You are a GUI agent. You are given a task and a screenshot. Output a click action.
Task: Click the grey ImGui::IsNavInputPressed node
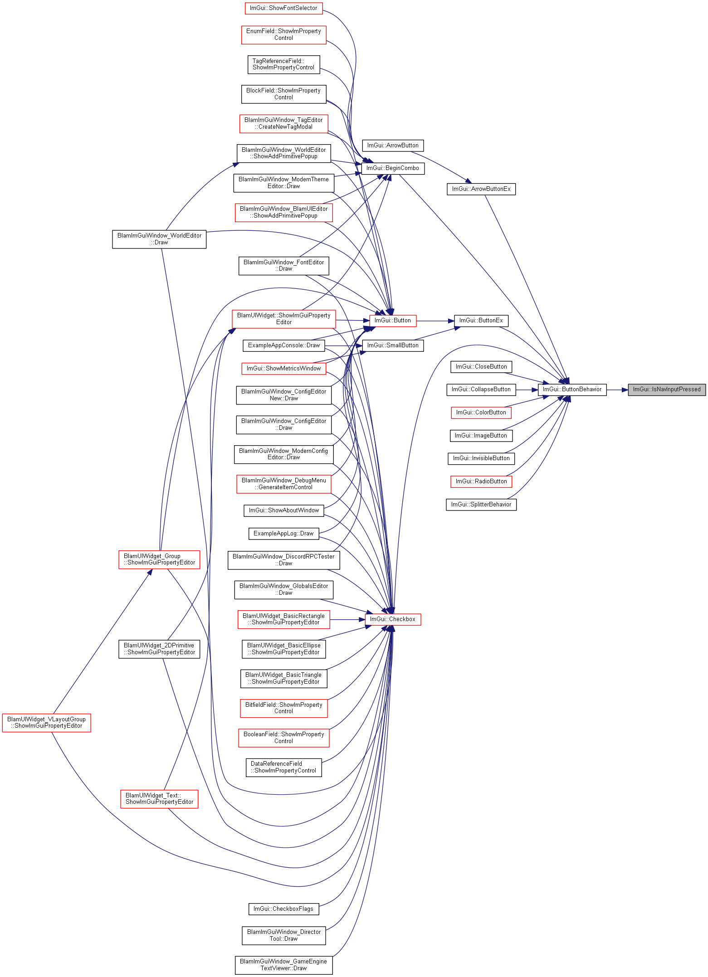667,389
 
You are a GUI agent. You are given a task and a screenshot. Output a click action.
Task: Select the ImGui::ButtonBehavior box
572,389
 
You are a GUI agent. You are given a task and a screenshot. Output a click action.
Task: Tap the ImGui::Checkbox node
393,619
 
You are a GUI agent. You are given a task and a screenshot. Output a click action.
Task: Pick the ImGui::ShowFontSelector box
283,8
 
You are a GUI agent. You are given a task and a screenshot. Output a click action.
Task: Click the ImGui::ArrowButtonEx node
481,189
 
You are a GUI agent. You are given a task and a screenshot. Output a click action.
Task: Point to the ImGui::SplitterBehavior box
481,505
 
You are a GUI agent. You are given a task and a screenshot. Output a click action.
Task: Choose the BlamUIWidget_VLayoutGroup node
46,723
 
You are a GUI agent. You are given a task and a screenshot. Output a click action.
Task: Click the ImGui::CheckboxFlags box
283,909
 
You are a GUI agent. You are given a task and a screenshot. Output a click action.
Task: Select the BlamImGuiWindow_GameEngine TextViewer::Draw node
283,965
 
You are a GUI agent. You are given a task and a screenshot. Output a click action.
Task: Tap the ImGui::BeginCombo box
393,168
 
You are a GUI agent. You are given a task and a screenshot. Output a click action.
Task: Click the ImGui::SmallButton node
393,345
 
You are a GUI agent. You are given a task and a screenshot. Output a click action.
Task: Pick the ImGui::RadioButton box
481,481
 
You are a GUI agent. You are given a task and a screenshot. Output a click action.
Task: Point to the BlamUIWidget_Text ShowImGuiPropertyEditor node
159,799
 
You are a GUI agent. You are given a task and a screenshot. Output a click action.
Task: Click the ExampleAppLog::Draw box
283,534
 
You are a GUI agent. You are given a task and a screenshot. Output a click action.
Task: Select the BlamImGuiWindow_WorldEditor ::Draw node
159,239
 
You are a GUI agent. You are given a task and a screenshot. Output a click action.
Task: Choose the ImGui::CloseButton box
481,367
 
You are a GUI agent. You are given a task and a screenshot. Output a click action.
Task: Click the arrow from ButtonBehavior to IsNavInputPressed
617,389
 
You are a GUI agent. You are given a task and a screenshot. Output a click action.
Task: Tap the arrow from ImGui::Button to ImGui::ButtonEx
435,321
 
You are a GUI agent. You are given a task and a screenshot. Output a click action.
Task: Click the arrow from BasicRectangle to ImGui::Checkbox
347,619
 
